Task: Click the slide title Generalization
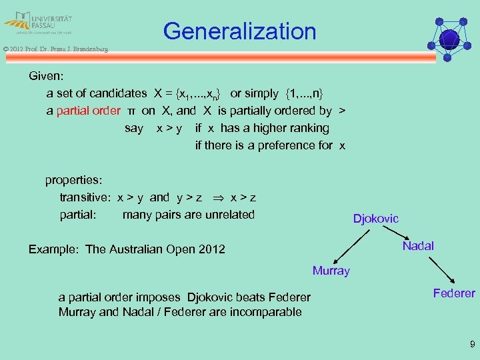click(x=239, y=31)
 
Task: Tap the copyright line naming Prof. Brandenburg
click(x=55, y=49)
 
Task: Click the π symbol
click(x=131, y=111)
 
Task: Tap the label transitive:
click(x=85, y=197)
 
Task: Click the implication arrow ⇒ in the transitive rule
click(x=217, y=198)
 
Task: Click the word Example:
click(x=54, y=249)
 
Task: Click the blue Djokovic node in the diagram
click(x=375, y=219)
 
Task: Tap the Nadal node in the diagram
click(x=418, y=246)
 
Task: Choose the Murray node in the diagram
click(x=331, y=271)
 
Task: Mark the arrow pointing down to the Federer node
click(x=441, y=270)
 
